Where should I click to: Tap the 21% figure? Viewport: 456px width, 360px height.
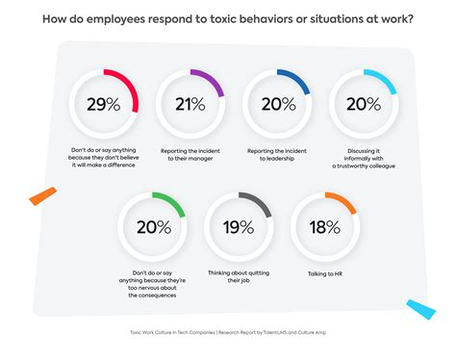tap(189, 106)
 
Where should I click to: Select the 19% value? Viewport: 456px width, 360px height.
tap(239, 228)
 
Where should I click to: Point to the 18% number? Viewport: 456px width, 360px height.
tap(325, 228)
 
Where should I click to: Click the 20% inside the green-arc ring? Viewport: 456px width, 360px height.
tap(153, 228)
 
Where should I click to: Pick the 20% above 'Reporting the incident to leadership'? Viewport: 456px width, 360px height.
tap(276, 106)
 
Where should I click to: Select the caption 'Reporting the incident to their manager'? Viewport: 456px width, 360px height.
tap(189, 159)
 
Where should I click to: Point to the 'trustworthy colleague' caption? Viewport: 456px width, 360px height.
tap(363, 166)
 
